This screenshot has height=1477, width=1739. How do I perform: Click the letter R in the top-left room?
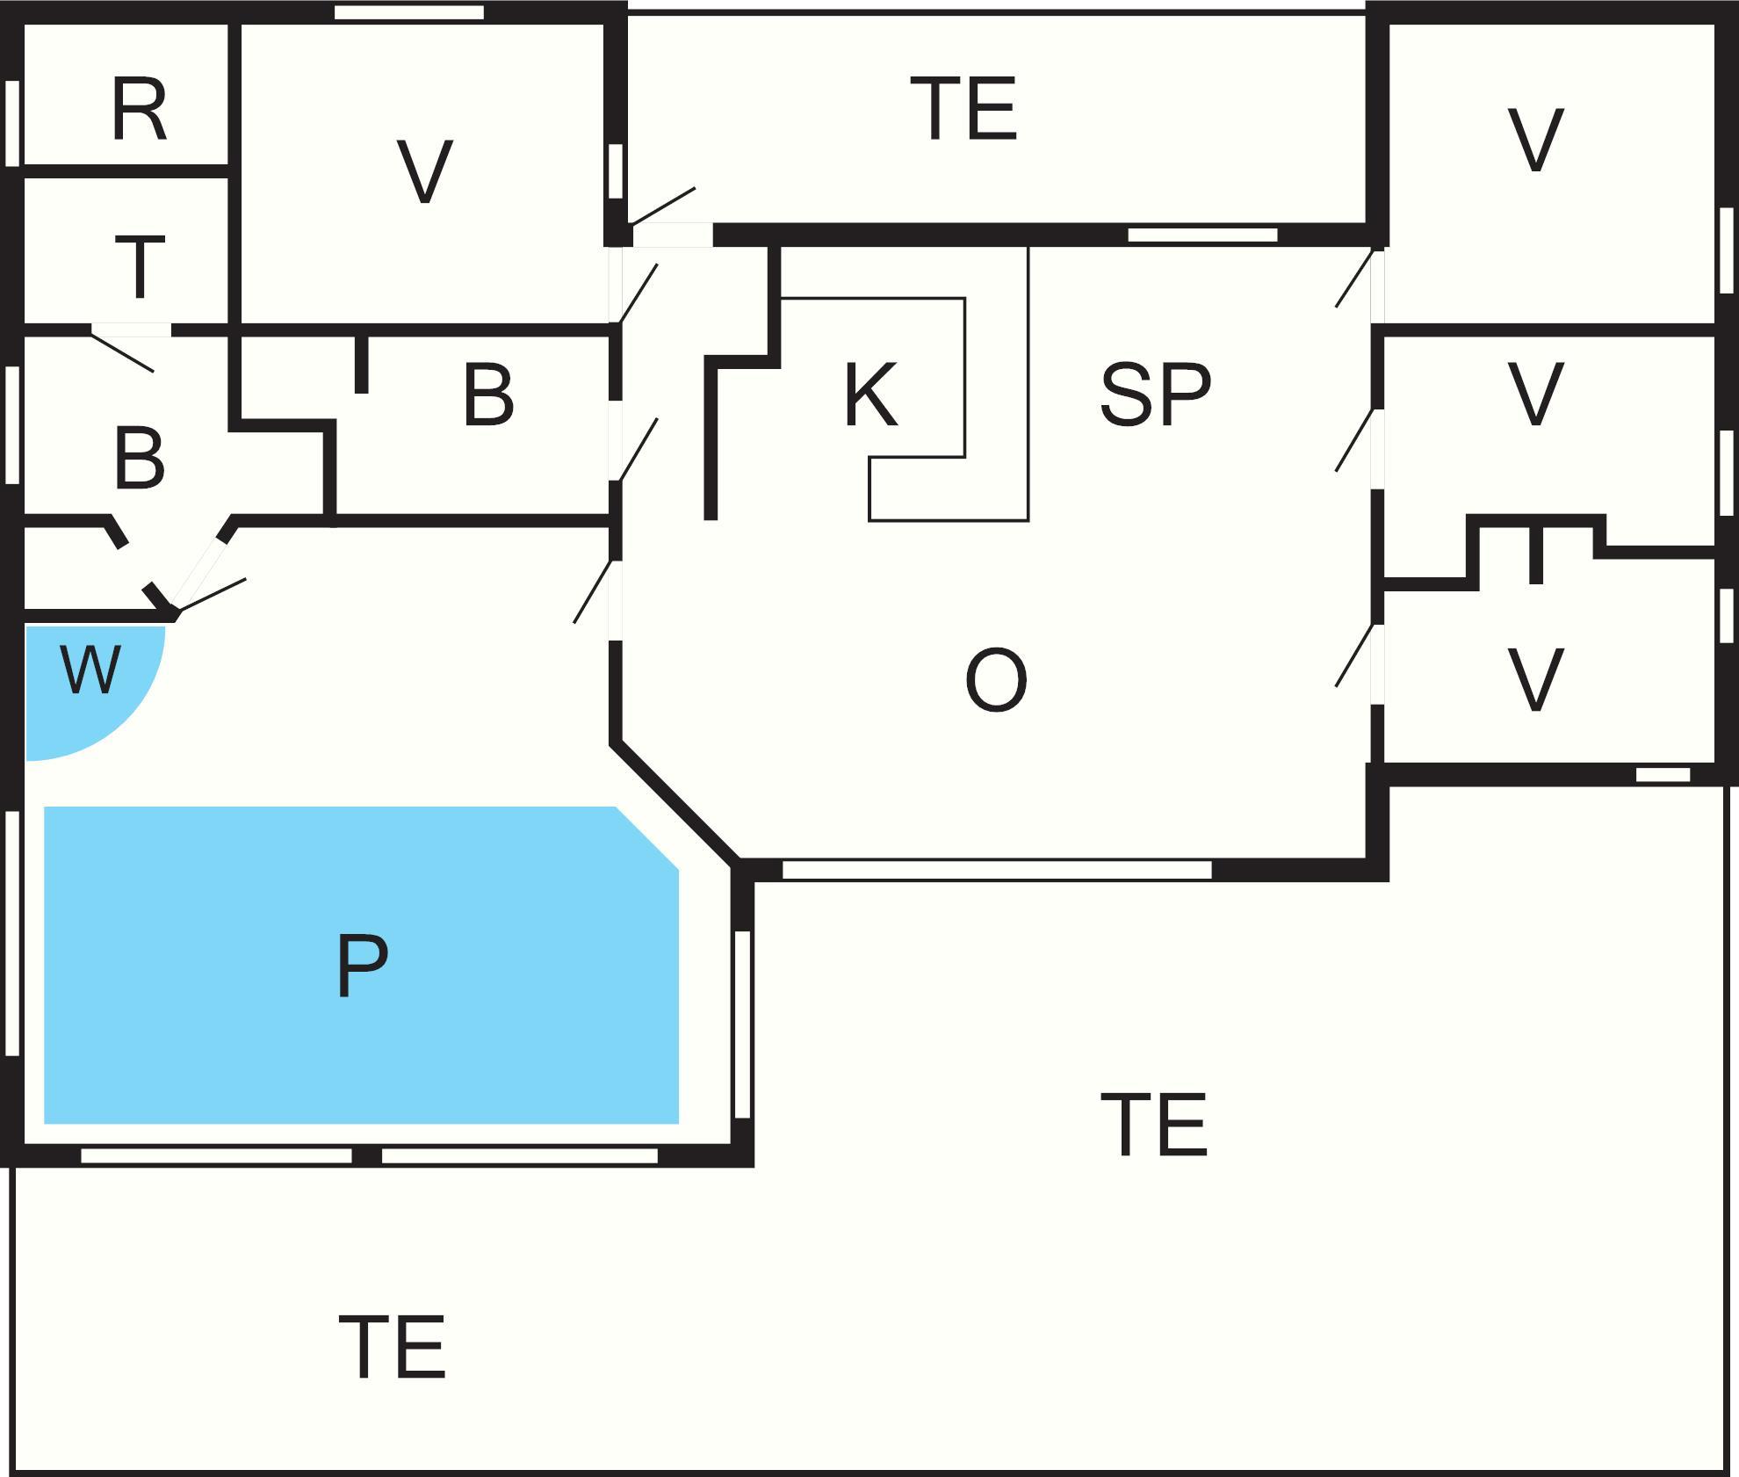139,110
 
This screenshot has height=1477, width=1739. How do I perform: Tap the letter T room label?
140,266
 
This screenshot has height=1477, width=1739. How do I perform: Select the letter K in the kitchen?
869,395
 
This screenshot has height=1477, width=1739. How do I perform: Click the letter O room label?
995,680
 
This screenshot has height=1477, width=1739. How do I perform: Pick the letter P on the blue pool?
362,966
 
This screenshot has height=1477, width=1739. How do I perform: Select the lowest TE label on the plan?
392,1348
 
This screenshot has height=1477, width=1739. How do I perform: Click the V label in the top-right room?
1535,141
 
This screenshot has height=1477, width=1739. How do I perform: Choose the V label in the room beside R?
424,172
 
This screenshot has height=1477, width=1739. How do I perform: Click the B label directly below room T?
139,459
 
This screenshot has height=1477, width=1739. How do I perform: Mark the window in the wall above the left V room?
409,12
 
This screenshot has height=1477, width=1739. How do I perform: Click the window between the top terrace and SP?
1202,235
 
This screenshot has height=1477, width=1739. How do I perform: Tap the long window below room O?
996,870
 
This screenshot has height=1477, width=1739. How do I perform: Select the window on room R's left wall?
12,123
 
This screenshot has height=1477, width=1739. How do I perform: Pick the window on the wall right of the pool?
742,1024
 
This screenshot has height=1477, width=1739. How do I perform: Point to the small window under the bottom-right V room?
1663,775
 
